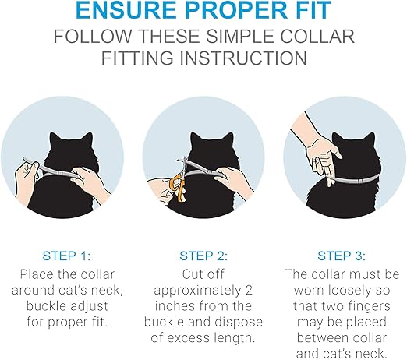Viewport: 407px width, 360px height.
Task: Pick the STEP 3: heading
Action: [x=342, y=254]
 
